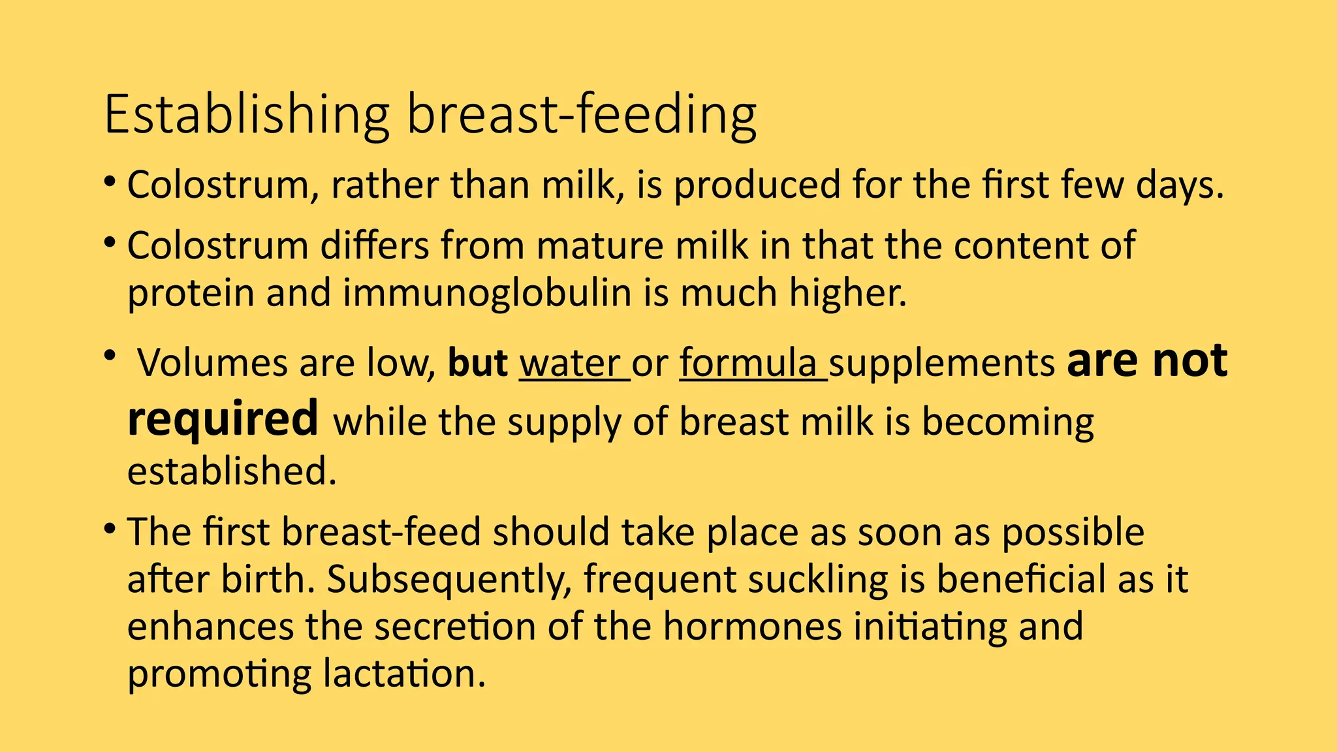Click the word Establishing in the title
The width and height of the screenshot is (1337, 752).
pyautogui.click(x=246, y=115)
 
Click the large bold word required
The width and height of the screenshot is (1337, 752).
pyautogui.click(x=223, y=419)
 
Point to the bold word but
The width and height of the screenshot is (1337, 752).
pyautogui.click(x=477, y=364)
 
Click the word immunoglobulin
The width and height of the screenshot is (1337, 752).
pyautogui.click(x=487, y=293)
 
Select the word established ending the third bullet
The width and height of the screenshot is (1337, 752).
pyautogui.click(x=231, y=471)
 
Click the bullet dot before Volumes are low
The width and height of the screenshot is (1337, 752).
pyautogui.click(x=110, y=356)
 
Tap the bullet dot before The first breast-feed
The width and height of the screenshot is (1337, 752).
pyautogui.click(x=110, y=527)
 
